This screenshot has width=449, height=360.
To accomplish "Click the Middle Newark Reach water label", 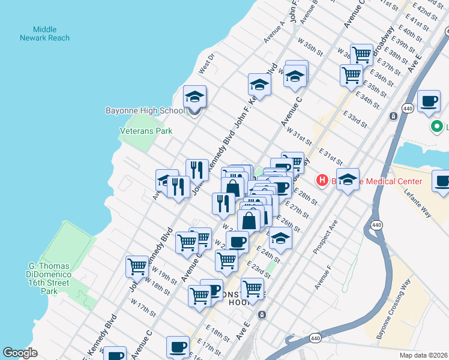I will click(51, 34).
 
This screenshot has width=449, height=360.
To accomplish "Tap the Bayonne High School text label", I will click(145, 110).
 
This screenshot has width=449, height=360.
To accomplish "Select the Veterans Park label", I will click(146, 131).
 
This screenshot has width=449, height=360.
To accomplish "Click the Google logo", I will click(20, 353).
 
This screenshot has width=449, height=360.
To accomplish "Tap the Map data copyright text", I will click(424, 355).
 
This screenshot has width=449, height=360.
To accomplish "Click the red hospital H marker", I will click(322, 180).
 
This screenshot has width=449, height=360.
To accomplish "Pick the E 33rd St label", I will click(355, 118).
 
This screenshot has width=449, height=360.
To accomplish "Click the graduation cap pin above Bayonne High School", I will click(194, 97).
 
